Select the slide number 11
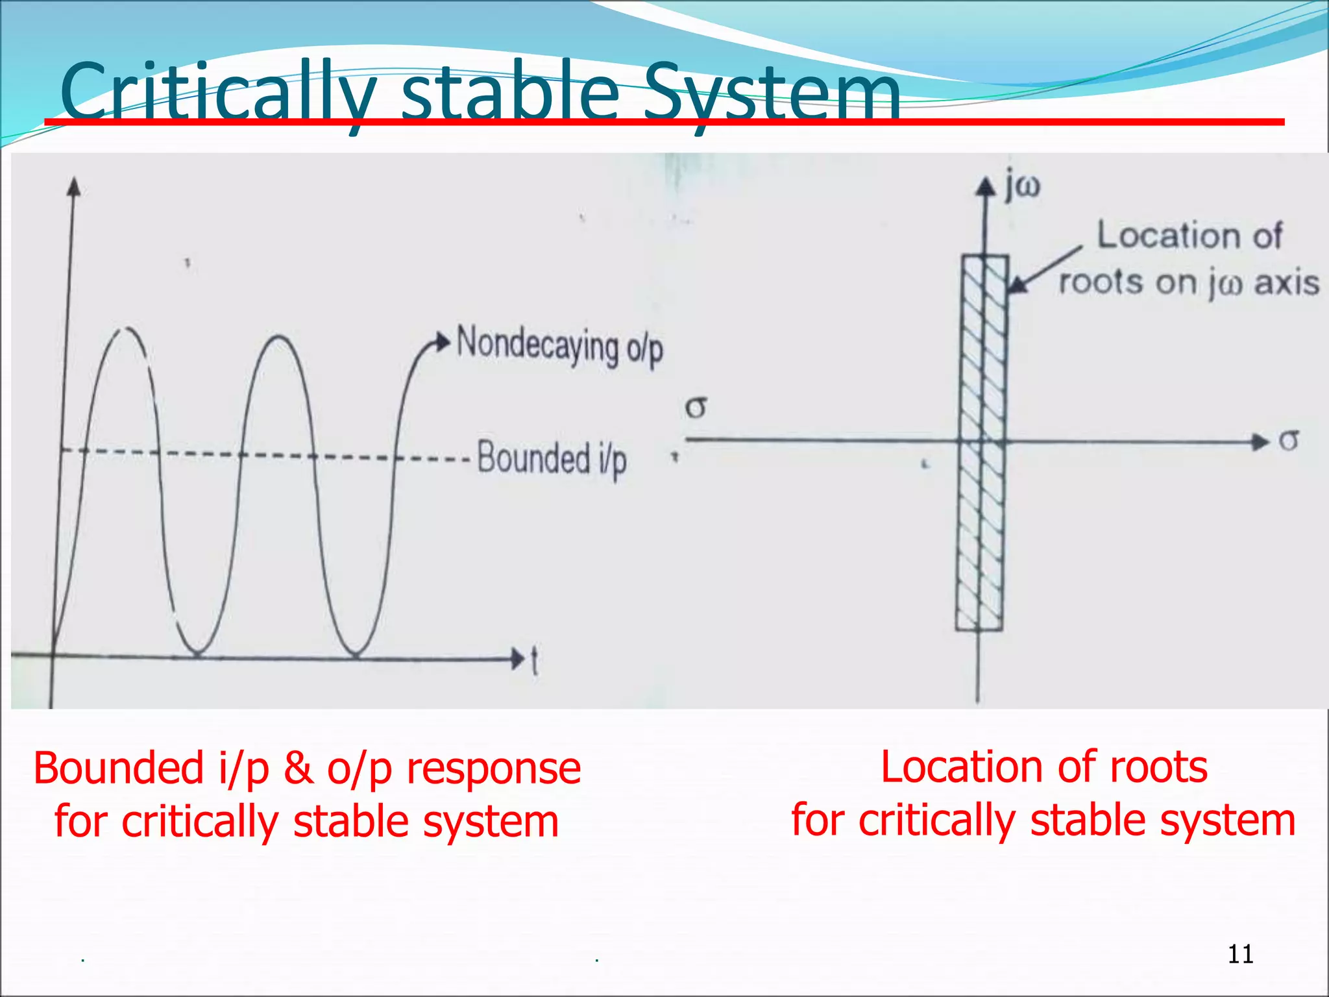(1240, 954)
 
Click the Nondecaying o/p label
(559, 345)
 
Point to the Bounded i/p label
(552, 458)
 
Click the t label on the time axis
(534, 661)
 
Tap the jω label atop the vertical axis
(1022, 187)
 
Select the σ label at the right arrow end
(1289, 441)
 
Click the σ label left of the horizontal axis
(696, 408)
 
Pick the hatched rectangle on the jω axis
(981, 441)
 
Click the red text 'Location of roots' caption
(1043, 767)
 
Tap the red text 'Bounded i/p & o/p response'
(306, 769)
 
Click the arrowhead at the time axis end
(517, 659)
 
